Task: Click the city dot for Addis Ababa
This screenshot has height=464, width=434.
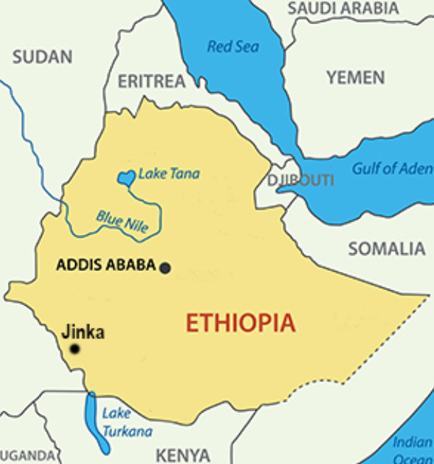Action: point(165,267)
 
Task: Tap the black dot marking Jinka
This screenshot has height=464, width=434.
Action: point(74,349)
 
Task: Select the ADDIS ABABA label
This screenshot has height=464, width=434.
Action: point(106,265)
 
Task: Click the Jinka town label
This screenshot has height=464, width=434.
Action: point(83,331)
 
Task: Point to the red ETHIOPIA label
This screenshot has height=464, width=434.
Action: point(240,324)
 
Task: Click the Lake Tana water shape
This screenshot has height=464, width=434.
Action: point(126,177)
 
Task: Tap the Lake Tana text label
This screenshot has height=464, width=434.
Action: point(169,173)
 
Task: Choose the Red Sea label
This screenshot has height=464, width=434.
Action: point(233,47)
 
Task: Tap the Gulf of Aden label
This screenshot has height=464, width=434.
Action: point(392,168)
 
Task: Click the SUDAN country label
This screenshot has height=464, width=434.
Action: point(43,57)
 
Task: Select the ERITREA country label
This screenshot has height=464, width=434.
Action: point(151,82)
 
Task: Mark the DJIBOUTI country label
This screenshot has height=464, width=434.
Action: point(301,180)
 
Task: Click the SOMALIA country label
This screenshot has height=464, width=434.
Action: point(386,249)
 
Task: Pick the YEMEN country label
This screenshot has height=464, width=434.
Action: point(355,77)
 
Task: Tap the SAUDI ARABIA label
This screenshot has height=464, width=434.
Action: point(343,9)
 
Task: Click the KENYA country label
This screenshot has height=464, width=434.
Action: point(182,455)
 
